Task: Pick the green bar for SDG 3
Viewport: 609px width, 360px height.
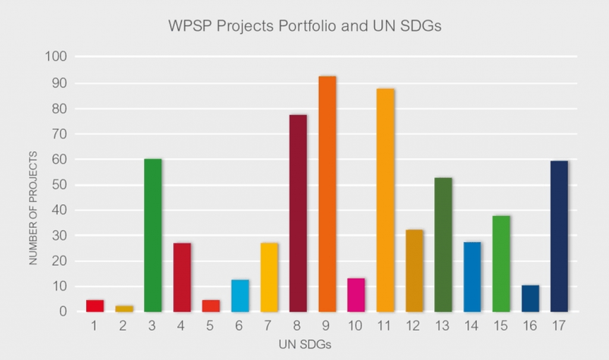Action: click(153, 235)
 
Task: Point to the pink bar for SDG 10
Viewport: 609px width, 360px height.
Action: click(356, 295)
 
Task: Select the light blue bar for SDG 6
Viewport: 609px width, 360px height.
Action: click(240, 296)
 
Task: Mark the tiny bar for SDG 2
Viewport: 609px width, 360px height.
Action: click(124, 308)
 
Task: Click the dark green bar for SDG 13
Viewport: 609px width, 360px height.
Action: click(443, 245)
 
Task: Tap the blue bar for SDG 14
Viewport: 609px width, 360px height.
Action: click(472, 277)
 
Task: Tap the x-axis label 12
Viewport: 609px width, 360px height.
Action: click(414, 327)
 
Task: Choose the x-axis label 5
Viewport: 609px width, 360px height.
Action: click(211, 327)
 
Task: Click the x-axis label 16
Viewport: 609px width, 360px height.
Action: click(530, 327)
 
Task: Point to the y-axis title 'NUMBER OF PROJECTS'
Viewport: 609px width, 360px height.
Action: click(33, 208)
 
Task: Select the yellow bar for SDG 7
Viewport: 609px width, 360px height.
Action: click(269, 277)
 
